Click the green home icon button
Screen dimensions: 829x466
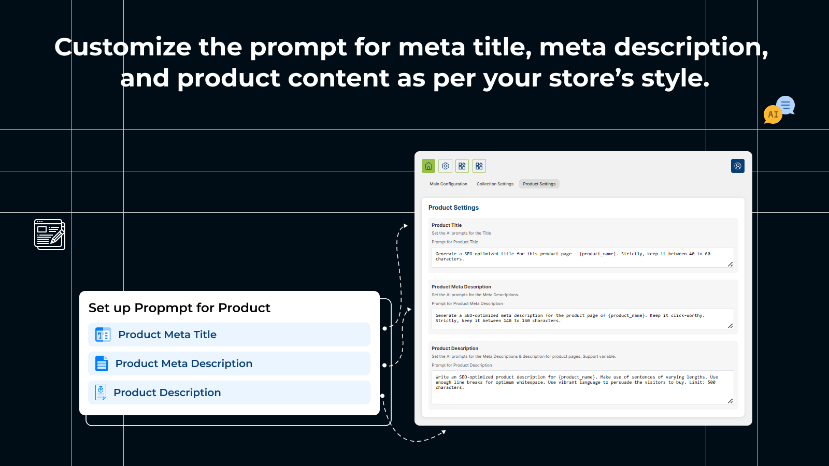(x=428, y=166)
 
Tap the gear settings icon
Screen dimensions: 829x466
(x=445, y=166)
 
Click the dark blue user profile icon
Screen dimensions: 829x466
(x=738, y=166)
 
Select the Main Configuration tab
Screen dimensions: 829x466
(x=448, y=184)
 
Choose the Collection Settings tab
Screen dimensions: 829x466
(x=495, y=184)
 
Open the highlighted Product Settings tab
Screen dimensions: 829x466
(x=539, y=184)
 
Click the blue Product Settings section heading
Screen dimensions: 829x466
(x=453, y=208)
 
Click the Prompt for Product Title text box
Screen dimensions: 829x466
(x=582, y=257)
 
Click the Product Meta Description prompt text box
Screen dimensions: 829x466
(x=582, y=319)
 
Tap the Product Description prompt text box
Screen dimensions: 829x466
(x=582, y=387)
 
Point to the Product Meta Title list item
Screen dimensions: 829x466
(x=229, y=334)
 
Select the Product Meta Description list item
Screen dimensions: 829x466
(x=229, y=363)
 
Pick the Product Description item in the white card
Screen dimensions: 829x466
(x=229, y=392)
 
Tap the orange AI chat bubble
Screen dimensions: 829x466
(x=773, y=114)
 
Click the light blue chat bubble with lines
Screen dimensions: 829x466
(x=785, y=106)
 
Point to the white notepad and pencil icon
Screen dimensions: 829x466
(x=50, y=235)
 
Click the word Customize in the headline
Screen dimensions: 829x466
(x=122, y=47)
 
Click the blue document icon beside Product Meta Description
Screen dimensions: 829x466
(x=102, y=363)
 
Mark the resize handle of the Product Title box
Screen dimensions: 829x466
(x=730, y=264)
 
